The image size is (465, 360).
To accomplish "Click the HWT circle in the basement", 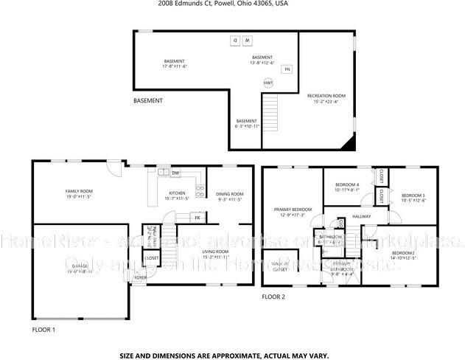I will pos(268,83).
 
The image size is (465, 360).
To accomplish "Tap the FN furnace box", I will pos(287,69).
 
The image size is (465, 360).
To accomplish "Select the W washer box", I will pos(248,40).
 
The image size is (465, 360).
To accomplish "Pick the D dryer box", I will pos(234,40).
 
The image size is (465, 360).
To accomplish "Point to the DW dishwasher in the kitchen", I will pos(175,173).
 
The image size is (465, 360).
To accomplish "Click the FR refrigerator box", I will pos(197,218).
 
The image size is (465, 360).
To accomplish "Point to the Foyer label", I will pos(140,278).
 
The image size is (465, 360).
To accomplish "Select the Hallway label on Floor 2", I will pos(362,216).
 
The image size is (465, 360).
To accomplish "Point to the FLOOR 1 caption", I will pos(43,329).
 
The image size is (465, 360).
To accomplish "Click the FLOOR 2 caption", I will pos(273,297).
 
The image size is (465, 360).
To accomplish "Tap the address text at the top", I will pos(223,4).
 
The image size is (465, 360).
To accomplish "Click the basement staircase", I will pos(273,111).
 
